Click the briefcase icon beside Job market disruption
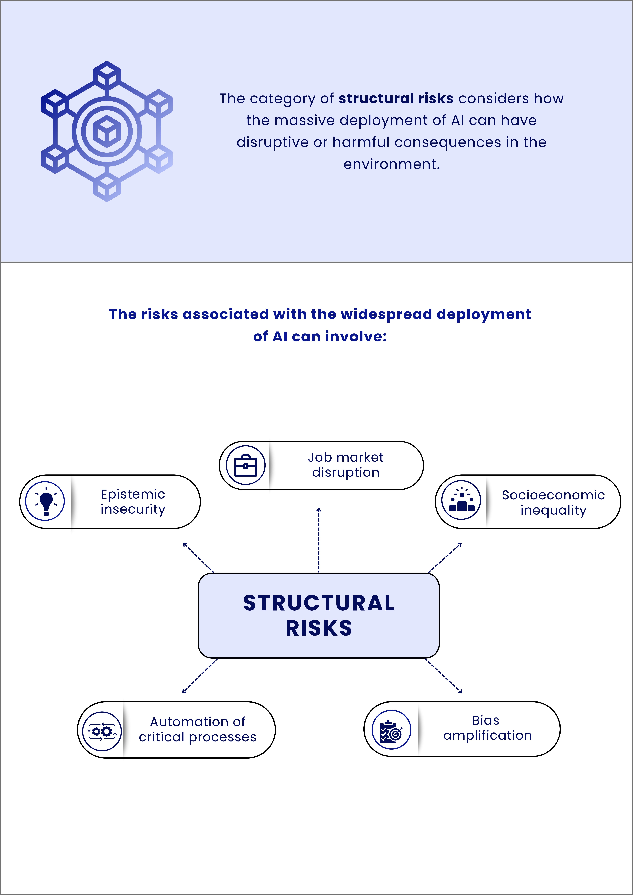coord(246,465)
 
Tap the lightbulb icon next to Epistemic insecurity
coord(45,501)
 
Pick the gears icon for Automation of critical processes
coord(102,731)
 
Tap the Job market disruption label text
coord(346,465)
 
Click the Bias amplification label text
coord(487,728)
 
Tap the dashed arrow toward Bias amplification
coord(443,676)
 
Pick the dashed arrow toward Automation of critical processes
coord(200,676)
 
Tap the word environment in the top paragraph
coord(391,164)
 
